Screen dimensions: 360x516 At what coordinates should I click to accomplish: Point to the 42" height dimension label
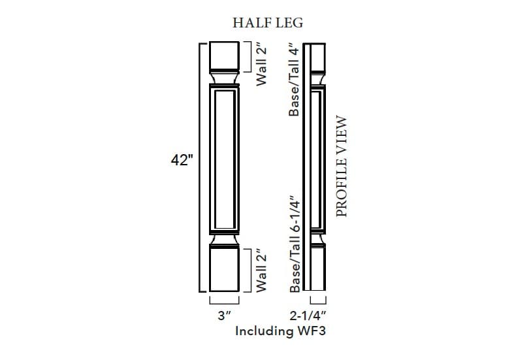[181, 160]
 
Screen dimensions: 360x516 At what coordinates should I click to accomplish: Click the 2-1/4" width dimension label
[317, 316]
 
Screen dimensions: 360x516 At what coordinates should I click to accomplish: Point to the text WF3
[311, 331]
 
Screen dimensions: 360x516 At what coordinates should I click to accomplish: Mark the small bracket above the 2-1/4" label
[318, 301]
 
